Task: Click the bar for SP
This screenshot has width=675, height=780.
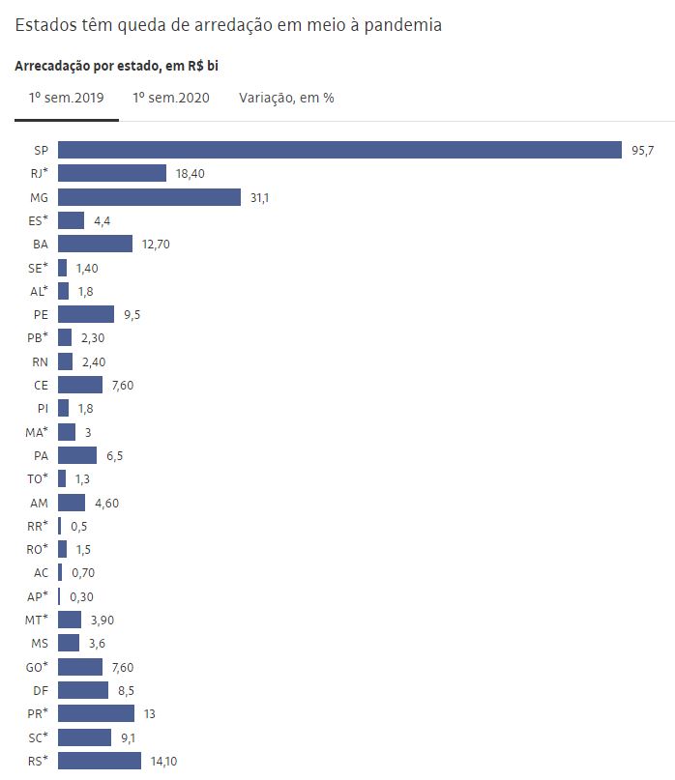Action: point(339,150)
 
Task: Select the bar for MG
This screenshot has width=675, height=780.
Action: point(149,197)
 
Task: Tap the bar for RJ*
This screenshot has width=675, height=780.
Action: point(112,173)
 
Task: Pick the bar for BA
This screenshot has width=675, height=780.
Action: point(95,244)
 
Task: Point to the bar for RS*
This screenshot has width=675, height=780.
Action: point(99,761)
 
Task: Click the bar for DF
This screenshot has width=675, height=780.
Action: point(83,690)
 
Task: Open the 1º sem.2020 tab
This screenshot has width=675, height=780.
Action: point(171,98)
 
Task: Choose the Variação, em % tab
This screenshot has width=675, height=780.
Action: point(285,98)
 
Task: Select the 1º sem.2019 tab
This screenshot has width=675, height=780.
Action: point(66,98)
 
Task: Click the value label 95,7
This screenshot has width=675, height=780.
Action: point(642,151)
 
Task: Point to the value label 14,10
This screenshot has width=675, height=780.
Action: point(163,762)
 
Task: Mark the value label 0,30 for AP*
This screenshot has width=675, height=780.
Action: point(81,596)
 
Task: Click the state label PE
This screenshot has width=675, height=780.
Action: point(41,314)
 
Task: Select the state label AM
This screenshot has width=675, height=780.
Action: point(40,503)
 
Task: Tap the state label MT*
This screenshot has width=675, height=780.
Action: point(37,620)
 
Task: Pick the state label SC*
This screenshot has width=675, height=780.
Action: point(38,737)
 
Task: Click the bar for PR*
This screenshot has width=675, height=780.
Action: point(96,713)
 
